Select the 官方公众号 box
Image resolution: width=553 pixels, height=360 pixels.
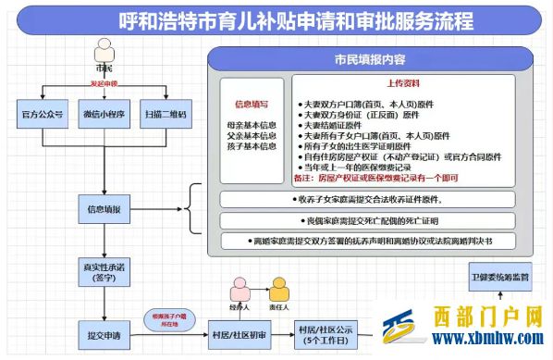tap(42, 115)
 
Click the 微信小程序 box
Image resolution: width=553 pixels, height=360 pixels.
tap(104, 115)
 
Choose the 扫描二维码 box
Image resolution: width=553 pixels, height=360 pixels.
tap(165, 115)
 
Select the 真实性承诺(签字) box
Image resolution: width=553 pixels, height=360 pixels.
tap(104, 272)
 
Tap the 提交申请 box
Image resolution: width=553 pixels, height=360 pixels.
tap(104, 330)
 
